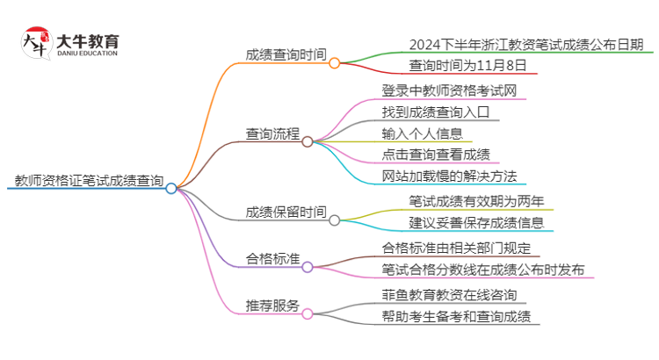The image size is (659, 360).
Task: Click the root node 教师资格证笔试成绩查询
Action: click(x=89, y=182)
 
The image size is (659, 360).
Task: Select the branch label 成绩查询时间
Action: click(x=286, y=54)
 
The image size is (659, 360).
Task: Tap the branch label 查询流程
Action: click(x=272, y=133)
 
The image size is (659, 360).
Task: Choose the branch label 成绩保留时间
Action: click(x=286, y=212)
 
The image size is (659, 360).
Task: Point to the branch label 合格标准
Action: click(x=272, y=259)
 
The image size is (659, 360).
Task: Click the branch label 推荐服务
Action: click(x=272, y=306)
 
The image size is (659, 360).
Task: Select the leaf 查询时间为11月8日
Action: click(x=467, y=65)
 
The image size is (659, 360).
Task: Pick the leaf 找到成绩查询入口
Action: click(x=440, y=112)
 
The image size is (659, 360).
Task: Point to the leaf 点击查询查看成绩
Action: click(x=436, y=155)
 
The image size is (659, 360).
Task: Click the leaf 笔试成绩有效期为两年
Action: click(x=476, y=201)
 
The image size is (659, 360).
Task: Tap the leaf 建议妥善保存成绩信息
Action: click(x=476, y=222)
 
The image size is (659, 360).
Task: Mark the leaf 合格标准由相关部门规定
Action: click(x=455, y=248)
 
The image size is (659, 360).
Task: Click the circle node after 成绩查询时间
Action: click(x=334, y=63)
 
